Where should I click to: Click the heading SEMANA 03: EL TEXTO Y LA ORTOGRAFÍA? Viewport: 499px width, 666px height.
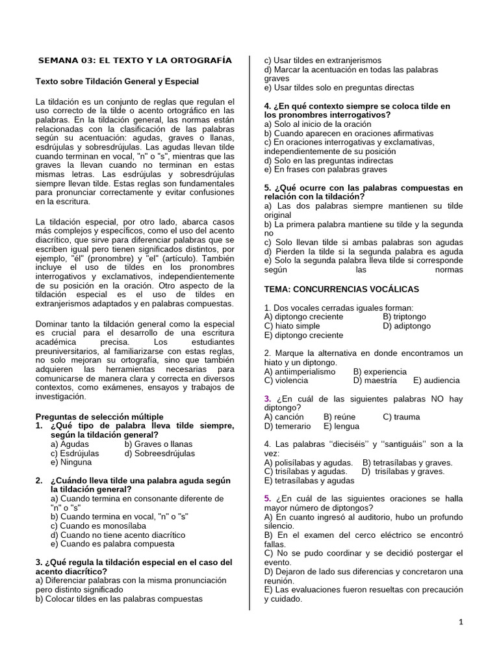click(134, 60)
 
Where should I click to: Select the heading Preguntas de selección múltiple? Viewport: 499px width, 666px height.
click(99, 416)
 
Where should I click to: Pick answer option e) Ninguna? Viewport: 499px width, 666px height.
click(71, 462)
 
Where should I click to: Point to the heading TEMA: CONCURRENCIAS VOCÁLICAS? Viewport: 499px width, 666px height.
click(342, 289)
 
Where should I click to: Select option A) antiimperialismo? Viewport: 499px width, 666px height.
click(300, 371)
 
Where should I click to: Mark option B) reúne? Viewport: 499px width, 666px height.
click(340, 417)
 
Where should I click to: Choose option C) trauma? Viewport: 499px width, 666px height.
click(402, 417)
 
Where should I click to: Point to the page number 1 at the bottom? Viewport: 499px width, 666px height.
click(461, 622)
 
